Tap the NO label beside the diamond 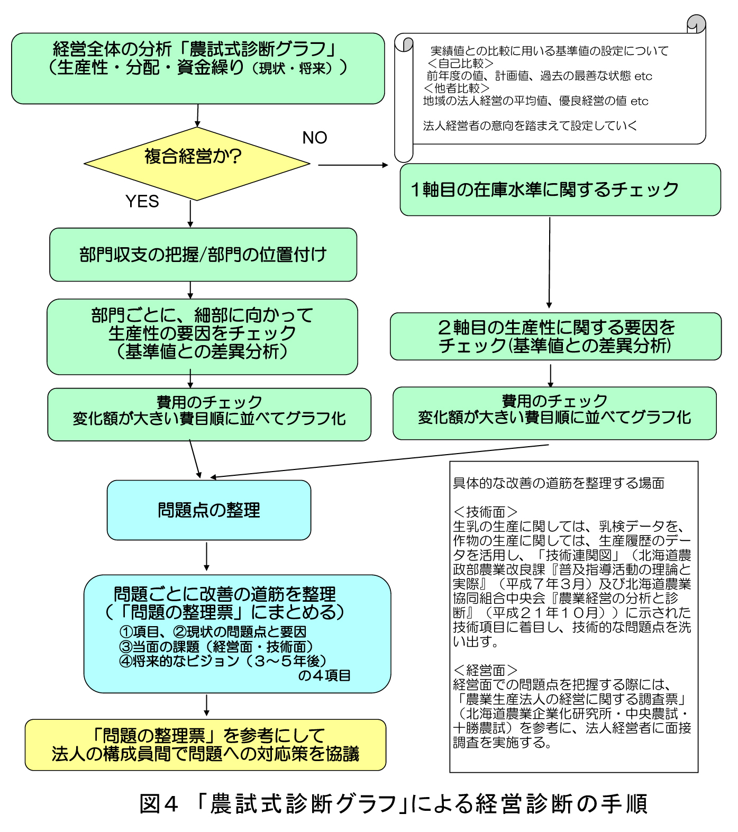(x=315, y=138)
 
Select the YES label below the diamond (x=142, y=202)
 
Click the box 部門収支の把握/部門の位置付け (x=203, y=255)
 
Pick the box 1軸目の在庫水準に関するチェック (x=560, y=189)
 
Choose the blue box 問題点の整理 (x=209, y=510)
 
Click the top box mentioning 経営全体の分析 (x=198, y=68)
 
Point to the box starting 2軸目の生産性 (x=555, y=337)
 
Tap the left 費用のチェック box (x=209, y=414)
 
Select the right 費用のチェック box (x=554, y=413)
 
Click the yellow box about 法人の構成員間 (x=205, y=745)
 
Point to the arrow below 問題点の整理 (x=206, y=557)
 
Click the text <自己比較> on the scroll (x=460, y=64)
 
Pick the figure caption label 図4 (x=158, y=803)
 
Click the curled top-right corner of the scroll (x=696, y=24)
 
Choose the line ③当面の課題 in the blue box (x=216, y=647)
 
